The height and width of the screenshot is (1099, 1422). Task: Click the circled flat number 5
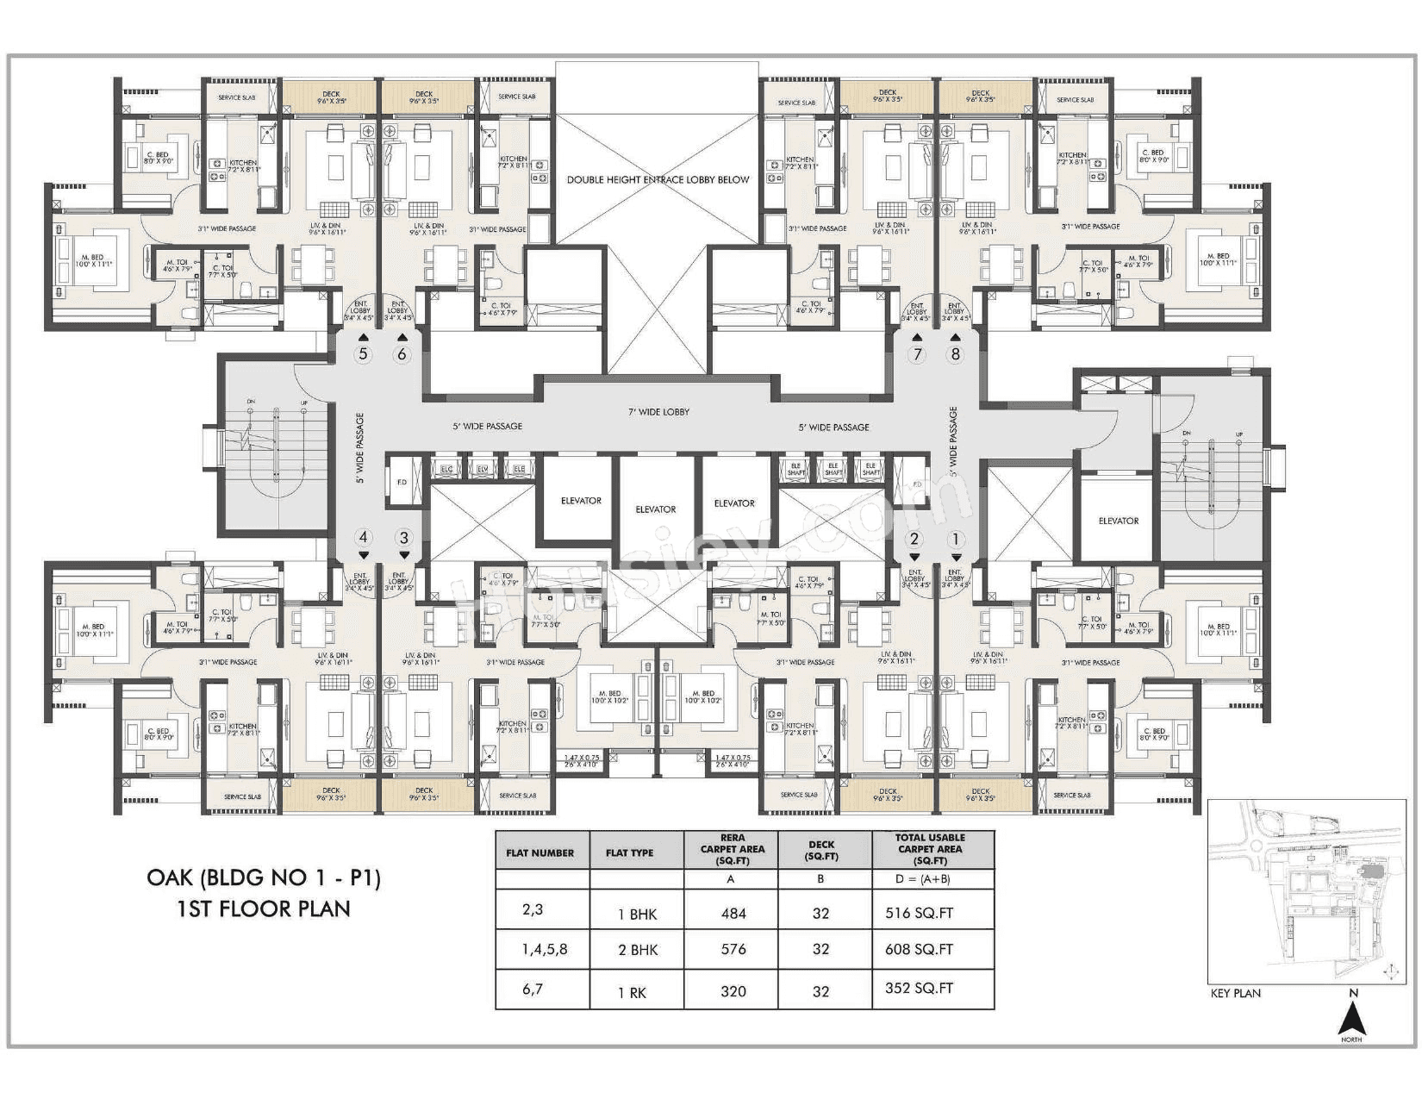363,353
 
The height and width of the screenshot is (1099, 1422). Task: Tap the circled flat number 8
954,353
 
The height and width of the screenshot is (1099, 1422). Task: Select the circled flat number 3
404,538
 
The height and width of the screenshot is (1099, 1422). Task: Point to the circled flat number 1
954,540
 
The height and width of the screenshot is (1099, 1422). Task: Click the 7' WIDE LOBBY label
658,412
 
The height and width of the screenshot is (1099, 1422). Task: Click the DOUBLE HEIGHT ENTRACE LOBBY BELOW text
658,180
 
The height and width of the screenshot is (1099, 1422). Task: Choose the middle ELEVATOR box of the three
656,509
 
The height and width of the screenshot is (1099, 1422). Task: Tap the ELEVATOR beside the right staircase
1118,521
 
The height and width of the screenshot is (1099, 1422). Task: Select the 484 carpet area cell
733,914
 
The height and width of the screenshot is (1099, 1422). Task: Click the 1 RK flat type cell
632,992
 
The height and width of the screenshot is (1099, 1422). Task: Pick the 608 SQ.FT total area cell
919,949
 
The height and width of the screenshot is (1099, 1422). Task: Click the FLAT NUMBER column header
540,852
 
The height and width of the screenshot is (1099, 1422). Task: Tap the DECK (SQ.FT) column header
820,850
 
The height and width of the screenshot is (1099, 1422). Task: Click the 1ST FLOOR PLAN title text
264,909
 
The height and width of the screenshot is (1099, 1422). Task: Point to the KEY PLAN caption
1235,993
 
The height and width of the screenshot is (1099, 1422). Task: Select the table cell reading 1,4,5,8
545,949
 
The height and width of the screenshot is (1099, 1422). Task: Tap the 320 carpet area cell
733,991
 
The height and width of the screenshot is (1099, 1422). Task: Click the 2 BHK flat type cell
638,950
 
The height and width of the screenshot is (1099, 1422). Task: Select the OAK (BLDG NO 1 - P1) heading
264,877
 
